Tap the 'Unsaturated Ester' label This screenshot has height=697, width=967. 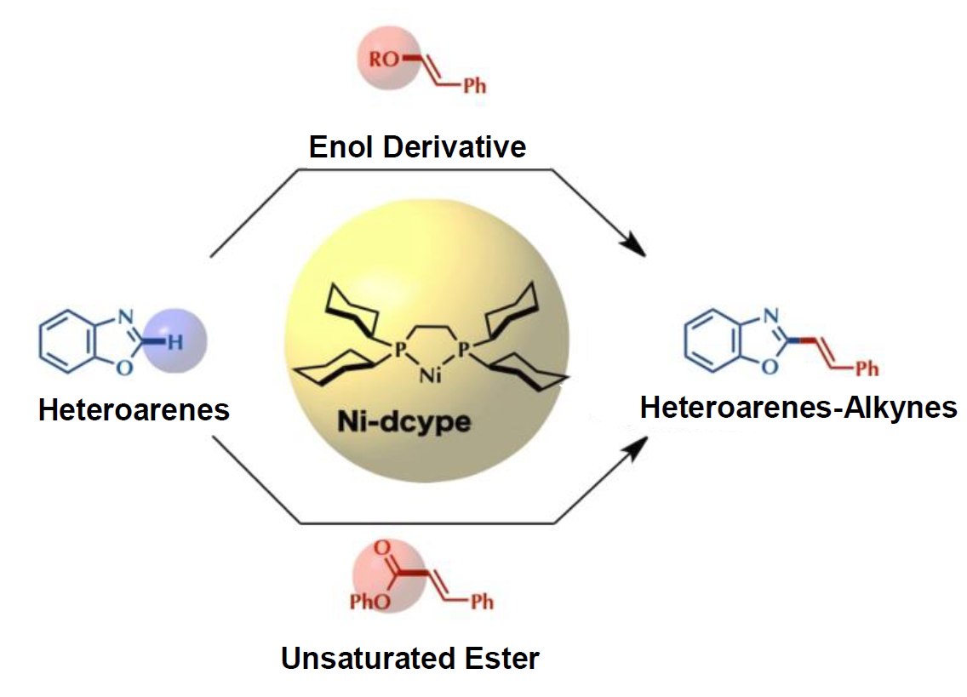coord(409,658)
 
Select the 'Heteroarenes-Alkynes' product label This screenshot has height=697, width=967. coord(798,408)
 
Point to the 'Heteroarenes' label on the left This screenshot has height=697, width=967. coord(134,410)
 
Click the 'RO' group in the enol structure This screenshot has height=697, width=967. coord(380,60)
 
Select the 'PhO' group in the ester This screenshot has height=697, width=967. coord(364,603)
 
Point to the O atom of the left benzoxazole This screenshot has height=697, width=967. coord(124,368)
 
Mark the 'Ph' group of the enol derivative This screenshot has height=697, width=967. coord(475,87)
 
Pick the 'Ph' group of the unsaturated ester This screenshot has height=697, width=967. coord(482,603)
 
